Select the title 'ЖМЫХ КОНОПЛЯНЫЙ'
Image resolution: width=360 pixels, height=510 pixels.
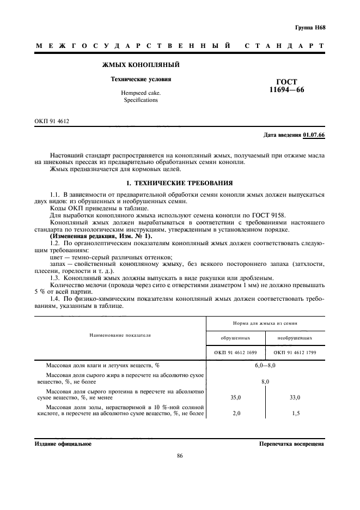(141, 65)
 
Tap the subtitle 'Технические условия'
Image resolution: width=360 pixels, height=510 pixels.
(141, 79)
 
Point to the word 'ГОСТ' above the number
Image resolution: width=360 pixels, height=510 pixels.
(286, 82)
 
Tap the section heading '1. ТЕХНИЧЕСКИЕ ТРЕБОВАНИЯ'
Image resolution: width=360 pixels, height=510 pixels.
(180, 183)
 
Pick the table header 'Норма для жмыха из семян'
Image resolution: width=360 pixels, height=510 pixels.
(265, 323)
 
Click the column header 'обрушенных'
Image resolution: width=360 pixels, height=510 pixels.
(235, 338)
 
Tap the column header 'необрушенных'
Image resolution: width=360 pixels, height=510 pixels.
(295, 338)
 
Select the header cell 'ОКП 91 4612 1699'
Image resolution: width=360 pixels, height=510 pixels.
(235, 352)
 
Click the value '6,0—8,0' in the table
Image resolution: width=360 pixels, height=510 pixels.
(265, 365)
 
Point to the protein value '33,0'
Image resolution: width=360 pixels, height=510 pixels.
(295, 398)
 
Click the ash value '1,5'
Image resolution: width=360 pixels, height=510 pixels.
(295, 414)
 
